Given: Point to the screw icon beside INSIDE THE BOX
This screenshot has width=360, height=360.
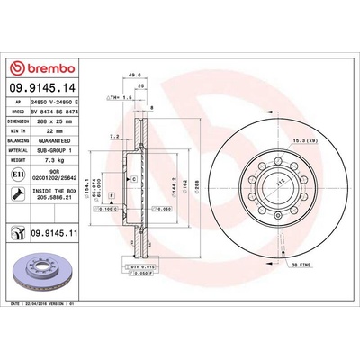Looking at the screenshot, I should [18, 192].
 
